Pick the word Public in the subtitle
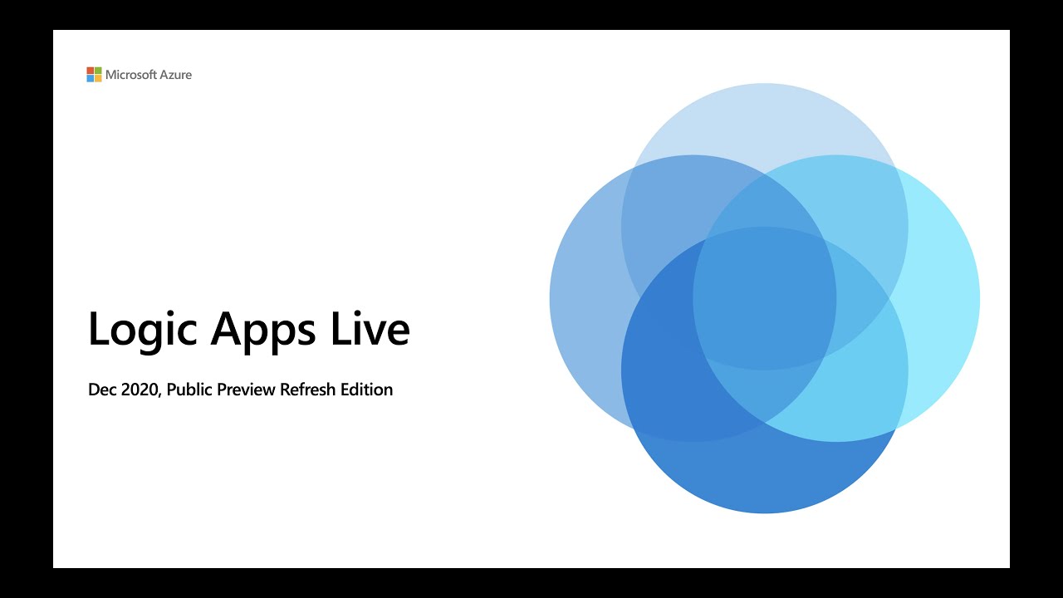pyautogui.click(x=189, y=390)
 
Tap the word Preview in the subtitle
pyautogui.click(x=247, y=390)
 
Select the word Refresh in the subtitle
pyautogui.click(x=308, y=390)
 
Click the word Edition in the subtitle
pyautogui.click(x=366, y=390)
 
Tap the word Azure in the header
pyautogui.click(x=176, y=75)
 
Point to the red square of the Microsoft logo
pyautogui.click(x=90, y=71)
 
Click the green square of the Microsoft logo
pyautogui.click(x=98, y=71)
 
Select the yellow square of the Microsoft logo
pyautogui.click(x=98, y=79)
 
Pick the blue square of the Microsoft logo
pyautogui.click(x=90, y=79)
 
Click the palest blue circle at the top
pyautogui.click(x=764, y=116)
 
